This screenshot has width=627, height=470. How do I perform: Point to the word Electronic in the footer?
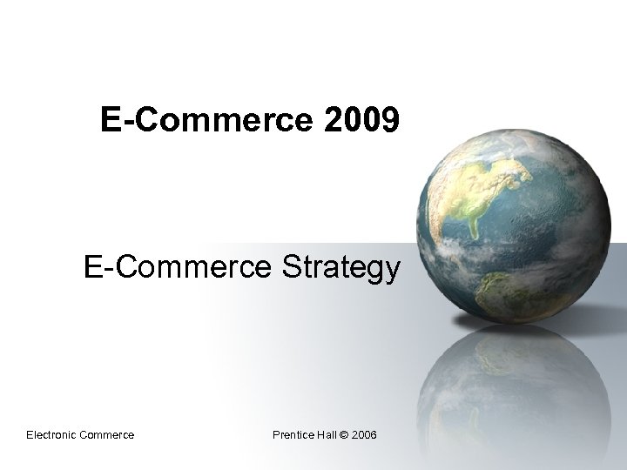53,434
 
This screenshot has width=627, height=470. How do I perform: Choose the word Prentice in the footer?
294,434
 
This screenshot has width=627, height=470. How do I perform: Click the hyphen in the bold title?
123,122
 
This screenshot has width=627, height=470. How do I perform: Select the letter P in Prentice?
276,434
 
